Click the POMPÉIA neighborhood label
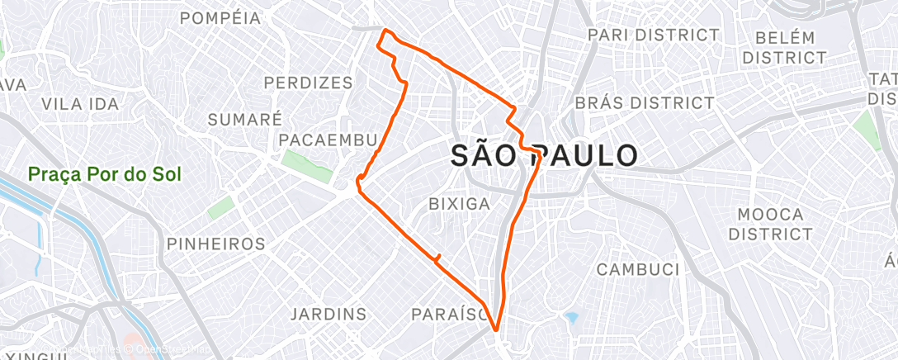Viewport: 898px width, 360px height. pos(220,17)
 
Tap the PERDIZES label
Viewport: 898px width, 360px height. pos(309,83)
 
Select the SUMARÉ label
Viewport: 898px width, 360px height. pos(244,119)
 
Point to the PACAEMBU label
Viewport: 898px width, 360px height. pos(328,140)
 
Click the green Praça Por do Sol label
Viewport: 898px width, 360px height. pos(104,175)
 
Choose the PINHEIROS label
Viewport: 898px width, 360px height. pos(215,244)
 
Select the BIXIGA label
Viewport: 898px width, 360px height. pos(460,203)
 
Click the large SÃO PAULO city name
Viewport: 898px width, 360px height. pos(545,156)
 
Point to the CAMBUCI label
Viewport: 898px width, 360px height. pos(637,269)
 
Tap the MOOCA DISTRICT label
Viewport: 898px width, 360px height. pos(771,224)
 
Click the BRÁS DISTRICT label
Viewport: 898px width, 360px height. pos(644,103)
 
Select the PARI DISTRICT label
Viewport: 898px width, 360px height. pos(653,35)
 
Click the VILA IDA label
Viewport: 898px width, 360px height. pos(80,104)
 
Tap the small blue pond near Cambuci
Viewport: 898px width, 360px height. pos(570,317)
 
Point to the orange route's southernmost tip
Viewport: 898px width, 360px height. pos(496,330)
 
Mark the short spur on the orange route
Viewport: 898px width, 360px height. pos(437,257)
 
